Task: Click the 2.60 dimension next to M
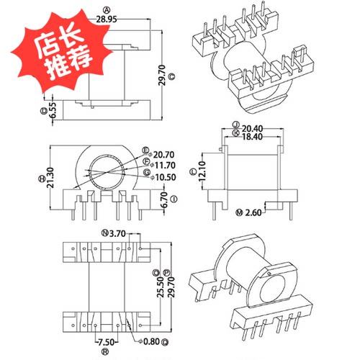click(x=253, y=214)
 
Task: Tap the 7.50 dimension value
click(x=107, y=343)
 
